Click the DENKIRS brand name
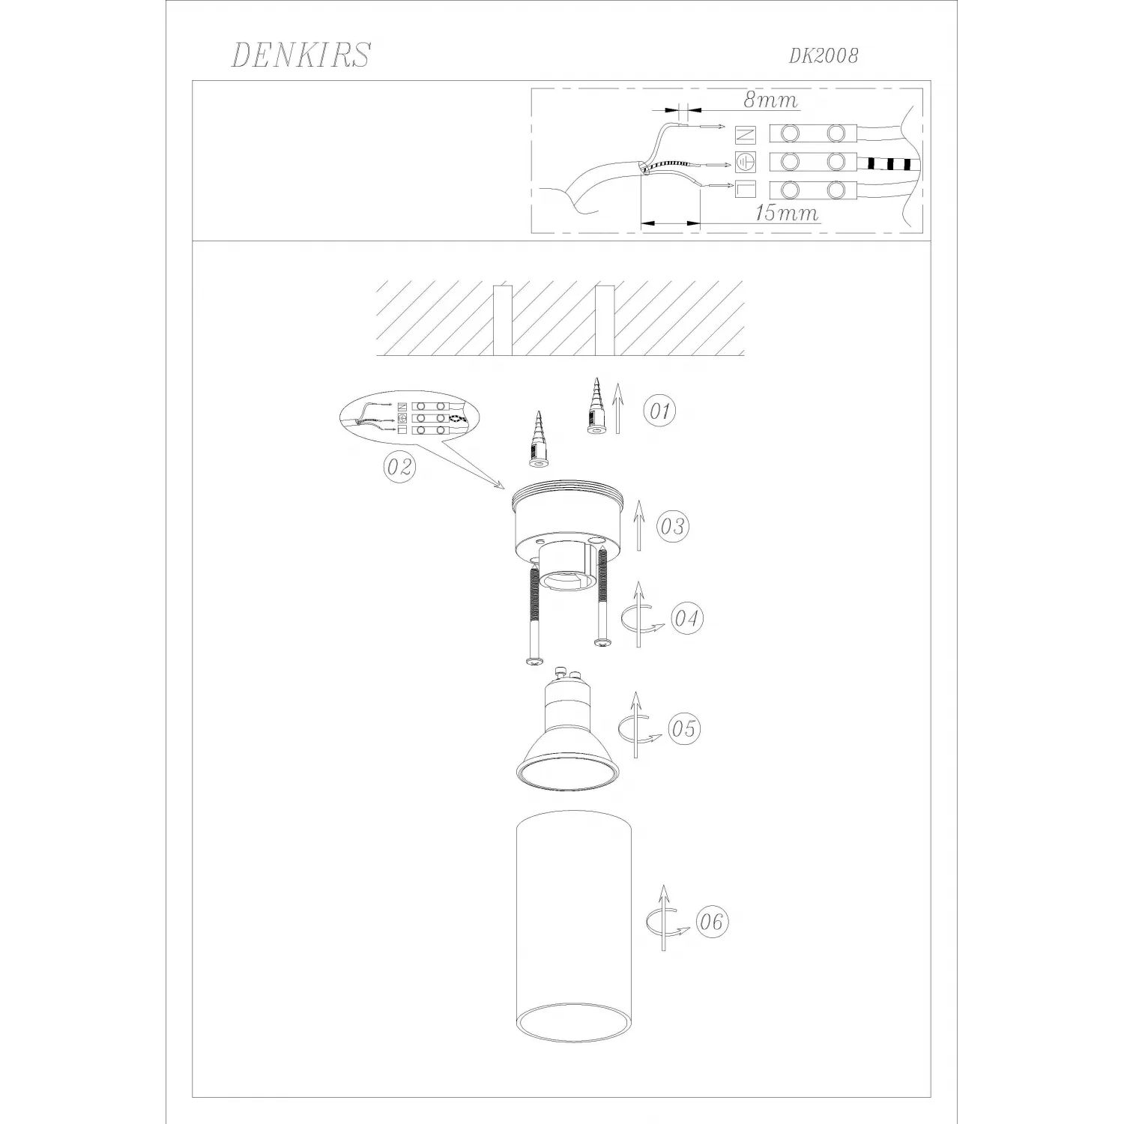300,55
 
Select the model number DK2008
824,55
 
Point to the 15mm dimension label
786,213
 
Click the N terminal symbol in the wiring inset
746,135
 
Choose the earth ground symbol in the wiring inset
746,161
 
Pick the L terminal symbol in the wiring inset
746,190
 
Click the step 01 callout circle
659,411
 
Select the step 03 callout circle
672,526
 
